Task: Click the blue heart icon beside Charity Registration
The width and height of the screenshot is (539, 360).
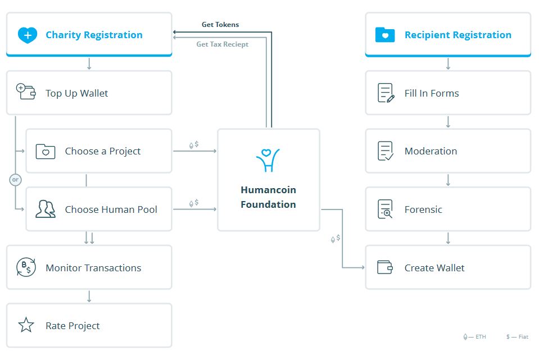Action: (28, 35)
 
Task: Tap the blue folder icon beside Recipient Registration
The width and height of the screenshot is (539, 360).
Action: (385, 35)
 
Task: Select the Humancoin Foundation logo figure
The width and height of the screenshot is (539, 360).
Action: (268, 160)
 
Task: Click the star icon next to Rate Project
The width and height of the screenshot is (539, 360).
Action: (26, 325)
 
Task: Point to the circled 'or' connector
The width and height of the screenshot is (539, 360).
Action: (16, 180)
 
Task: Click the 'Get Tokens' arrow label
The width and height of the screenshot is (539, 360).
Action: (220, 24)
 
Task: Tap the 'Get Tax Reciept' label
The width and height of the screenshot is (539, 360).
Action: (223, 44)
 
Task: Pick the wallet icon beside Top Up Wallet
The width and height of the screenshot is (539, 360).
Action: (26, 92)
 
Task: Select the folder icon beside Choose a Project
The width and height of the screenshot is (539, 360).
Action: (46, 152)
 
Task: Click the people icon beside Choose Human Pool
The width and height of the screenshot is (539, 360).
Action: (46, 209)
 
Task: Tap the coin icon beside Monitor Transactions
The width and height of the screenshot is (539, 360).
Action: (26, 267)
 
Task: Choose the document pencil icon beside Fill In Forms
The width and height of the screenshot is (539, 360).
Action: (386, 93)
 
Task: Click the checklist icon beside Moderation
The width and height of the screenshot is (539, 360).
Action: (386, 151)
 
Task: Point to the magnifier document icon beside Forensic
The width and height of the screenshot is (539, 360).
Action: (386, 209)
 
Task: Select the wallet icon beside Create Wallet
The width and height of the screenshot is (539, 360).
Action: (385, 267)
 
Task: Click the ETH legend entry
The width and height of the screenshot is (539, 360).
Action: (475, 336)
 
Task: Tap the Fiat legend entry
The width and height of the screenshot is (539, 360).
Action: (517, 336)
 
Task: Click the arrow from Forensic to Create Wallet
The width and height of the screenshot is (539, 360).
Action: (448, 238)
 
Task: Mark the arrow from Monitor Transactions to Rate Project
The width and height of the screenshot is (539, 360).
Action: (89, 297)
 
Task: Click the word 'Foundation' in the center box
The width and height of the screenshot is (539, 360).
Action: (268, 204)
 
